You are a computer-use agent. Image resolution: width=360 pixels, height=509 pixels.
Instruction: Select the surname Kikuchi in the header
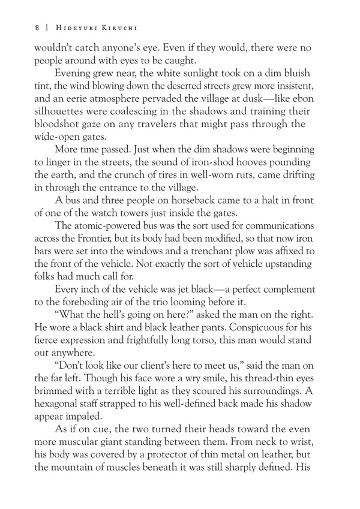tap(122, 27)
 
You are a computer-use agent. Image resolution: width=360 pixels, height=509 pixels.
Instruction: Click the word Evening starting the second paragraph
tap(75, 73)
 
